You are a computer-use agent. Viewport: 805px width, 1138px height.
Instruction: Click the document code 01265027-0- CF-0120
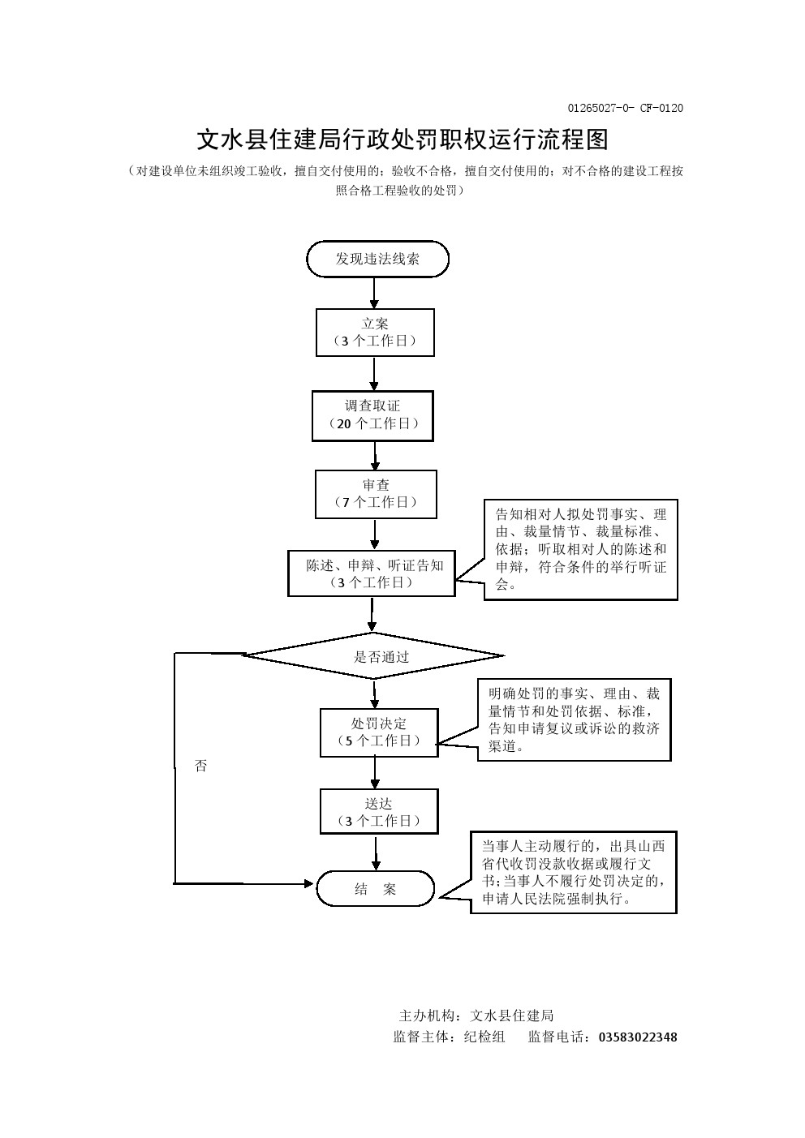point(625,109)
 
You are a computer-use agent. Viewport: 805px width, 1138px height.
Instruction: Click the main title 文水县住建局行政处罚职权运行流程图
point(402,140)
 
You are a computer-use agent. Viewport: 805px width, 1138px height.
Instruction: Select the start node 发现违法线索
point(377,260)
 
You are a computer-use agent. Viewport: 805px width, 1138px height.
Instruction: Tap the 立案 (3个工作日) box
point(375,332)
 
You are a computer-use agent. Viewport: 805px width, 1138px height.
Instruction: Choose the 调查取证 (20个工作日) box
point(372,415)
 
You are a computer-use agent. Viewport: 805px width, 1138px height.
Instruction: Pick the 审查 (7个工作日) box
point(376,494)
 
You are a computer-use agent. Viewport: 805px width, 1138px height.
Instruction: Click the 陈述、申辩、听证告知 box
point(372,573)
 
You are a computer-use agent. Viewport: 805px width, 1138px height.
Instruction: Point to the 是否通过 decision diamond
point(374,656)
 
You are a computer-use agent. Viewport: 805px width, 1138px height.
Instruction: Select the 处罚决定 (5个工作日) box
point(378,732)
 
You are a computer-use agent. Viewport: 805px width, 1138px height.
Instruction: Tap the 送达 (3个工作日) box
point(379,812)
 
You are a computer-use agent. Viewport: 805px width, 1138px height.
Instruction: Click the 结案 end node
point(375,889)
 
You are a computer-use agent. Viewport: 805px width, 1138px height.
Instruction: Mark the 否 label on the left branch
point(201,766)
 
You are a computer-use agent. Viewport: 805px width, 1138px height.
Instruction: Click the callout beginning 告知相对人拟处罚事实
point(581,550)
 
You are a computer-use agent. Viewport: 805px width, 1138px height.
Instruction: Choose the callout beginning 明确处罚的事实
point(575,720)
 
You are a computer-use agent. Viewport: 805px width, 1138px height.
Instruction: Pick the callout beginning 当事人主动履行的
point(574,872)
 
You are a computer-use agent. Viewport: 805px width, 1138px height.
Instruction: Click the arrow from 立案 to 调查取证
point(374,374)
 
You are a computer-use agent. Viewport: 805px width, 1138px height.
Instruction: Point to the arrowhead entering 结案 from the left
point(308,882)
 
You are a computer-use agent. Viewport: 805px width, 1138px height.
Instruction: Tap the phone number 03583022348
point(638,1037)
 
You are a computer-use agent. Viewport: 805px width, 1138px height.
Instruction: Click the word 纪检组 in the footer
point(484,1037)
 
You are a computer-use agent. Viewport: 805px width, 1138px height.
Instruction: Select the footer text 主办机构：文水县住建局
point(476,1016)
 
